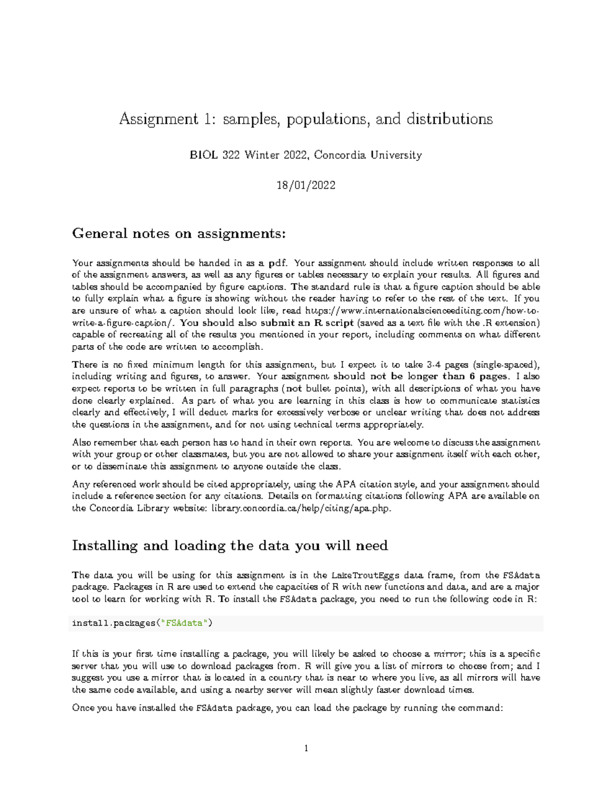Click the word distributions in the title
click(449, 119)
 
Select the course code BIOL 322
click(214, 155)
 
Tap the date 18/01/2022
click(306, 185)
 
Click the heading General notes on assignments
click(179, 234)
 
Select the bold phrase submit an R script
click(307, 323)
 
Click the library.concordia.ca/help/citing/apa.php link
click(300, 509)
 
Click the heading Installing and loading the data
click(229, 546)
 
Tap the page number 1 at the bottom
click(306, 749)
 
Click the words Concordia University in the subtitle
click(368, 155)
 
